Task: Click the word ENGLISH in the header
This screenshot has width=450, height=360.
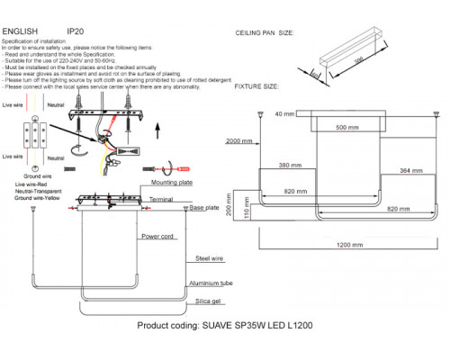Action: pyautogui.click(x=21, y=30)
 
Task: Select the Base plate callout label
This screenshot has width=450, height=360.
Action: pyautogui.click(x=206, y=208)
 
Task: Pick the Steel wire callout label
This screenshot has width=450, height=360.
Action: pyautogui.click(x=210, y=259)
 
